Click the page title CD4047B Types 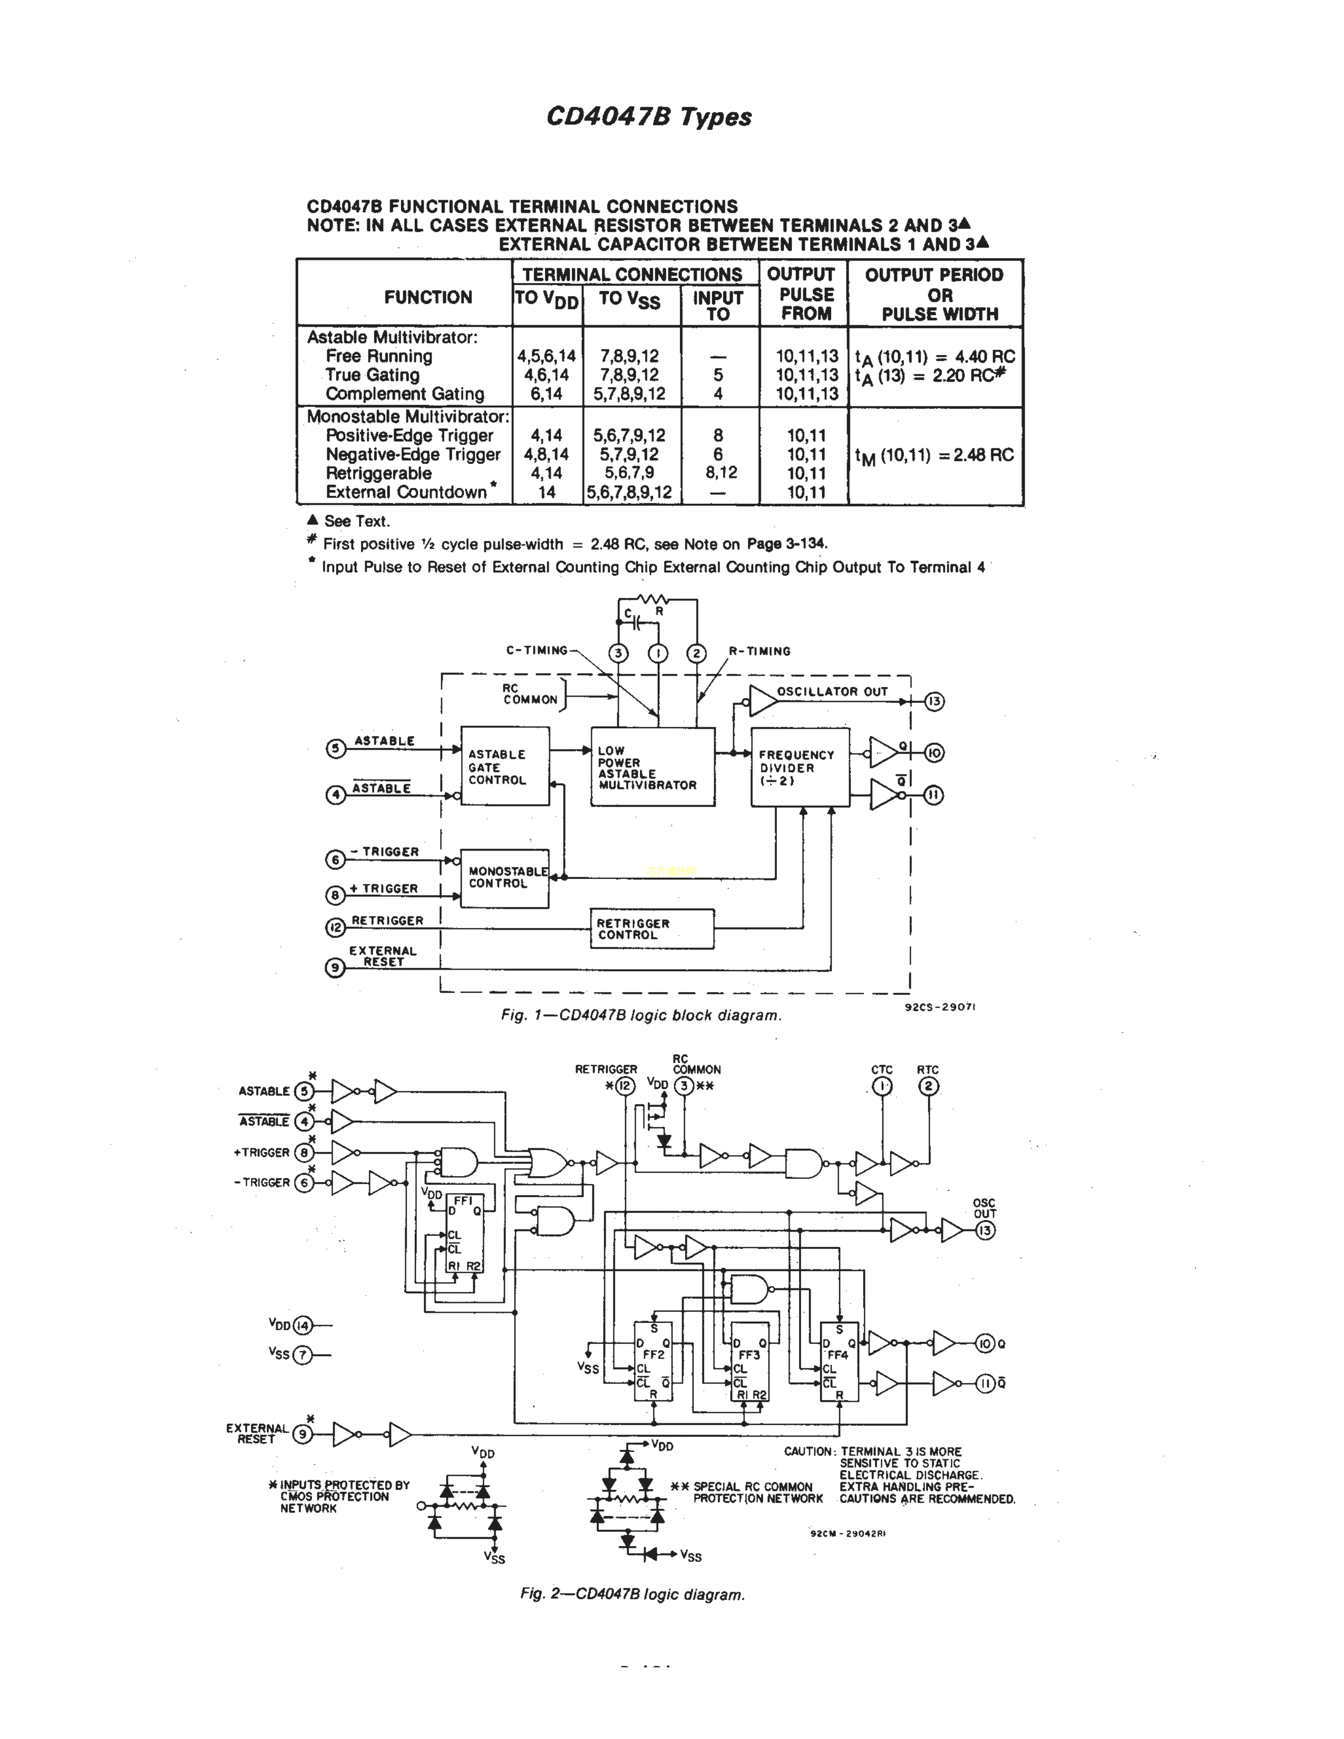click(x=648, y=117)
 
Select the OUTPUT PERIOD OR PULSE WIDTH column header click(x=935, y=294)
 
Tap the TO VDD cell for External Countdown click(x=546, y=492)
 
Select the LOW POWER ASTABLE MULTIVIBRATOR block click(x=652, y=767)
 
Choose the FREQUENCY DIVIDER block click(x=800, y=767)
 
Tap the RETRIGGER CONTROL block click(x=651, y=929)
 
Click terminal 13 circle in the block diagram click(x=934, y=701)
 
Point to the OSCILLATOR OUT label click(x=831, y=691)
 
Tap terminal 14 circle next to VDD click(x=303, y=1326)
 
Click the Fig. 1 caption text click(x=641, y=1015)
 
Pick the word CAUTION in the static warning click(x=807, y=1452)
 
